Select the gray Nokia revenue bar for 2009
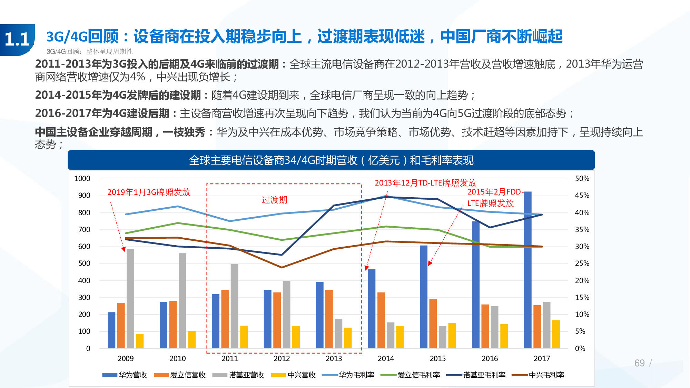pyautogui.click(x=130, y=298)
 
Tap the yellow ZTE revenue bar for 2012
pyautogui.click(x=296, y=337)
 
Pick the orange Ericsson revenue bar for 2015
pyautogui.click(x=433, y=324)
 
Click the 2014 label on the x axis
pyautogui.click(x=386, y=358)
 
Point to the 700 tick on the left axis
pyautogui.click(x=84, y=230)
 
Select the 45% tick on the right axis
pyautogui.click(x=582, y=196)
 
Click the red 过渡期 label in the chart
pyautogui.click(x=274, y=200)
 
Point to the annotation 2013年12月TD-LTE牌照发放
pyautogui.click(x=425, y=183)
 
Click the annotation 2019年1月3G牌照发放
pyautogui.click(x=149, y=192)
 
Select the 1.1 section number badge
pyautogui.click(x=17, y=39)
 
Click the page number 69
pyautogui.click(x=639, y=363)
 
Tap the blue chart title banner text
pyautogui.click(x=331, y=160)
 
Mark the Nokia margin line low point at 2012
pyautogui.click(x=282, y=255)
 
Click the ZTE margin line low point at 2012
pyautogui.click(x=282, y=267)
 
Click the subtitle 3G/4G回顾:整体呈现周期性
pyautogui.click(x=90, y=51)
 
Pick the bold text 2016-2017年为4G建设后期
pyautogui.click(x=102, y=113)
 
